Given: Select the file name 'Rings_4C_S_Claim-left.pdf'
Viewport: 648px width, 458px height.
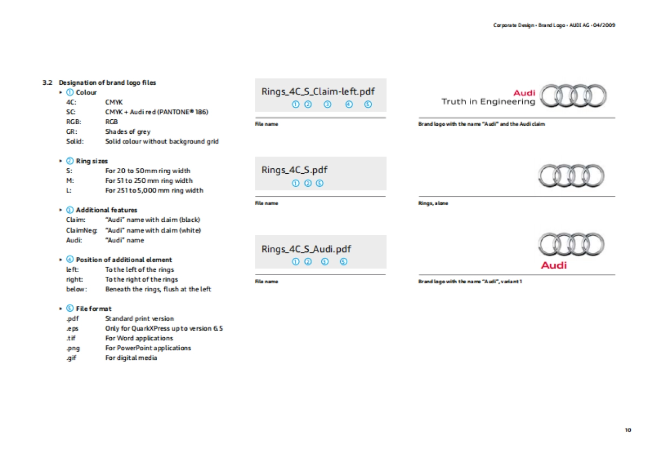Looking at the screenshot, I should pyautogui.click(x=318, y=91).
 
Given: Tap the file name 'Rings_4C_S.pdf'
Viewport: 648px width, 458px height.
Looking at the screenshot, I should pyautogui.click(x=294, y=170).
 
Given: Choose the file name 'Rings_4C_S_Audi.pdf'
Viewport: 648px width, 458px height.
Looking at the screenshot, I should pyautogui.click(x=306, y=249).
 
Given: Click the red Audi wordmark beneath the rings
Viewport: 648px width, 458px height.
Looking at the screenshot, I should pyautogui.click(x=554, y=265).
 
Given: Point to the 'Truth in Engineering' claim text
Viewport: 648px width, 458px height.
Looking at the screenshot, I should pyautogui.click(x=488, y=101).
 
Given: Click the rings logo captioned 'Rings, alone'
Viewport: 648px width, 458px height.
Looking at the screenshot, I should pyautogui.click(x=571, y=175).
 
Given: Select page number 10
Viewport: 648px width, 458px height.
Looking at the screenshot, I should pyautogui.click(x=627, y=430).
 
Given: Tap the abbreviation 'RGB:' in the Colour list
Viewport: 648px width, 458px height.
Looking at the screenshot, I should pyautogui.click(x=73, y=122).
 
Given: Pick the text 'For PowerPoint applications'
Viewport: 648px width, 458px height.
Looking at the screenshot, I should pyautogui.click(x=148, y=348).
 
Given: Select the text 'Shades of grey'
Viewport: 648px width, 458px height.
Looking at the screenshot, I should pyautogui.click(x=128, y=132).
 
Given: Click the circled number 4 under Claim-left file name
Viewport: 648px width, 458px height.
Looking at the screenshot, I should pyautogui.click(x=349, y=104).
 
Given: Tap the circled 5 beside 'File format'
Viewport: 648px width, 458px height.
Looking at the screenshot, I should pyautogui.click(x=70, y=309).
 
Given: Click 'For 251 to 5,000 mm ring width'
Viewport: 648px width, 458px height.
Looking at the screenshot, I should pyautogui.click(x=154, y=190).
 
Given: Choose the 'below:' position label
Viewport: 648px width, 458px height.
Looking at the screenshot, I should pyautogui.click(x=75, y=289).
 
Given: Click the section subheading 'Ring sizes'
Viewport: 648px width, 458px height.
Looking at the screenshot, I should pyautogui.click(x=92, y=161).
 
